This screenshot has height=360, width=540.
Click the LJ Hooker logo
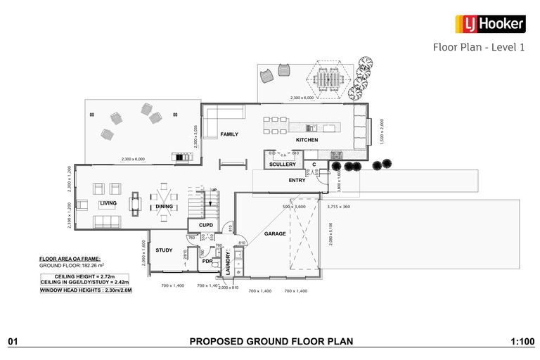pyautogui.click(x=490, y=24)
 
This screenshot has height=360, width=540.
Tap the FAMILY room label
pyautogui.click(x=229, y=134)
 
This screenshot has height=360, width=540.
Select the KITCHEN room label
pyautogui.click(x=307, y=140)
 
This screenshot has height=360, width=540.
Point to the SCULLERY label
pyautogui.click(x=283, y=165)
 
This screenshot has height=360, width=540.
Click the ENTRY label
pyautogui.click(x=297, y=181)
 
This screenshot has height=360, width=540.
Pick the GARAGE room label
pyautogui.click(x=275, y=233)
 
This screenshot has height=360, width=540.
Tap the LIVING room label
pyautogui.click(x=108, y=203)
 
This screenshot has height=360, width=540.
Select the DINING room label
pyautogui.click(x=165, y=207)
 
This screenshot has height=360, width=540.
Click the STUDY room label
pyautogui.click(x=164, y=250)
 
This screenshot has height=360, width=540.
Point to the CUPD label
pyautogui.click(x=206, y=226)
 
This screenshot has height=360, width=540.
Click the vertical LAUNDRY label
pyautogui.click(x=228, y=263)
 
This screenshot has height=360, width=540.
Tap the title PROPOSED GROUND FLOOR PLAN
pyautogui.click(x=271, y=342)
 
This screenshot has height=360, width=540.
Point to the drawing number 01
pyautogui.click(x=12, y=342)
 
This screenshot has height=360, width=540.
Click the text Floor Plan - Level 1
pyautogui.click(x=478, y=48)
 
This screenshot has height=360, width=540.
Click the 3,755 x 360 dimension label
pyautogui.click(x=338, y=207)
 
